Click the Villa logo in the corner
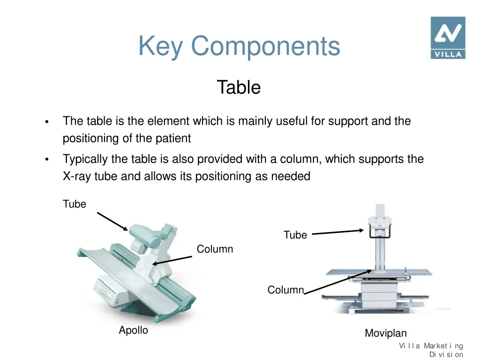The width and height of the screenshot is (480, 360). coord(448,37)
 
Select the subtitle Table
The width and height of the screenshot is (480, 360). coord(239,88)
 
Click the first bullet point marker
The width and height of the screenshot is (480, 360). coord(47,122)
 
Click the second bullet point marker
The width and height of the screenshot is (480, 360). coord(47,160)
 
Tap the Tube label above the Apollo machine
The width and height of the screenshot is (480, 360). coord(75,204)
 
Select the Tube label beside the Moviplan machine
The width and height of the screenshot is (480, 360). coord(295,235)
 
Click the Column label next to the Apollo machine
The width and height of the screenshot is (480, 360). coord(215,249)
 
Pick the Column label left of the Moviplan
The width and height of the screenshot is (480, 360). coord(285,290)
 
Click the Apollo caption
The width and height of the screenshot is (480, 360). coord(133,330)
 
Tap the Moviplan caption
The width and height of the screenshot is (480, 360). coord(386,333)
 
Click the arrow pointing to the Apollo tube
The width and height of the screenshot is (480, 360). coord(112,221)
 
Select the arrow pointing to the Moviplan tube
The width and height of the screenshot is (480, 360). coord(337,232)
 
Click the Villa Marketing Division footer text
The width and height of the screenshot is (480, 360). coord(431,350)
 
